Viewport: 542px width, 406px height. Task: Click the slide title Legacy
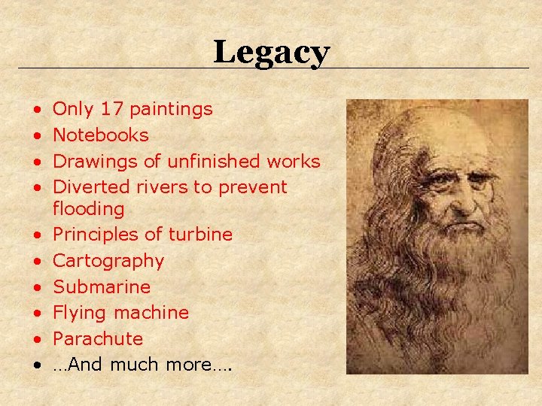click(x=271, y=53)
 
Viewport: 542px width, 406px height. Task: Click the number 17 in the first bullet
click(x=111, y=109)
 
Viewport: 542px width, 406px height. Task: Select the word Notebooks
click(x=101, y=135)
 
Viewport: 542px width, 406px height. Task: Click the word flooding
click(x=88, y=209)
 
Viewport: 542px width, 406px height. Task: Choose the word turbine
click(x=200, y=235)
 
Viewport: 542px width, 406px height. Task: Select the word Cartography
click(x=108, y=261)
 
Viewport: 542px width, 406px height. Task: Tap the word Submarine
click(x=102, y=286)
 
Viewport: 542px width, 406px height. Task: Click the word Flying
click(x=80, y=312)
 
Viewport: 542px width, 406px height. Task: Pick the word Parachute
click(x=98, y=338)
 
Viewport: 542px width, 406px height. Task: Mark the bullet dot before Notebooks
click(x=37, y=136)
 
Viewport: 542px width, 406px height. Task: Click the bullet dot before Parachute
click(x=37, y=339)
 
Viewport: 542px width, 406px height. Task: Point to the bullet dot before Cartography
click(x=37, y=262)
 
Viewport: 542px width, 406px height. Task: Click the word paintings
click(x=171, y=110)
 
